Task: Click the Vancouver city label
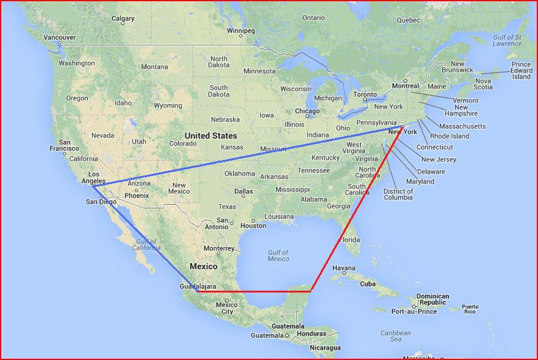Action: point(59,37)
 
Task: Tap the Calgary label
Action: point(123,19)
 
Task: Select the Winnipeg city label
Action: point(240,31)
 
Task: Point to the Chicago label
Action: point(307,112)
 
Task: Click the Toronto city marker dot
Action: point(365,100)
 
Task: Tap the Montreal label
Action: point(405,86)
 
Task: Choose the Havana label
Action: point(344,268)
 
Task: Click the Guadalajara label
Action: point(197,286)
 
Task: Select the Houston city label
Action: point(253,226)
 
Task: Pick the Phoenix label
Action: point(136,196)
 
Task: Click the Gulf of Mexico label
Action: point(278,255)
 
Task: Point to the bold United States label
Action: point(211,136)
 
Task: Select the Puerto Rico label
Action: point(470,309)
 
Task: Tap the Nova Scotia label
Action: point(483,84)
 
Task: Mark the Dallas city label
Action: point(243,191)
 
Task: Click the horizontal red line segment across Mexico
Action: point(255,291)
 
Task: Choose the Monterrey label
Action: point(219,248)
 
